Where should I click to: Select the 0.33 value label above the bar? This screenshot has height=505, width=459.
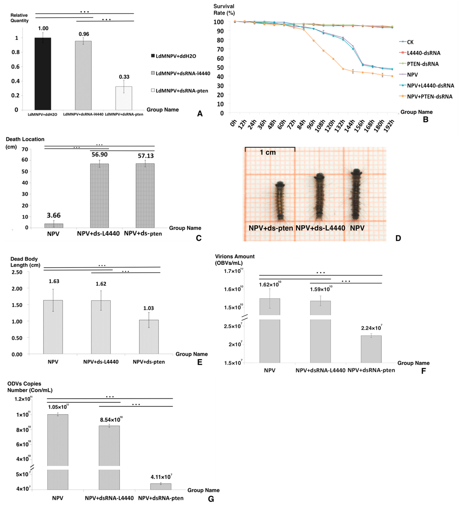(x=124, y=77)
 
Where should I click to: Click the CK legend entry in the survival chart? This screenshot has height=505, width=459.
(x=410, y=42)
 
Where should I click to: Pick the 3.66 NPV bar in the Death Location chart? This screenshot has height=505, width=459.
(x=54, y=225)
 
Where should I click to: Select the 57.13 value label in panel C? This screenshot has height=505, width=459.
(x=146, y=156)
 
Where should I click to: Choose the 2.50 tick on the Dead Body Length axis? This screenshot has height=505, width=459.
(x=17, y=272)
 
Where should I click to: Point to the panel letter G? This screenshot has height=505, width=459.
(x=211, y=499)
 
